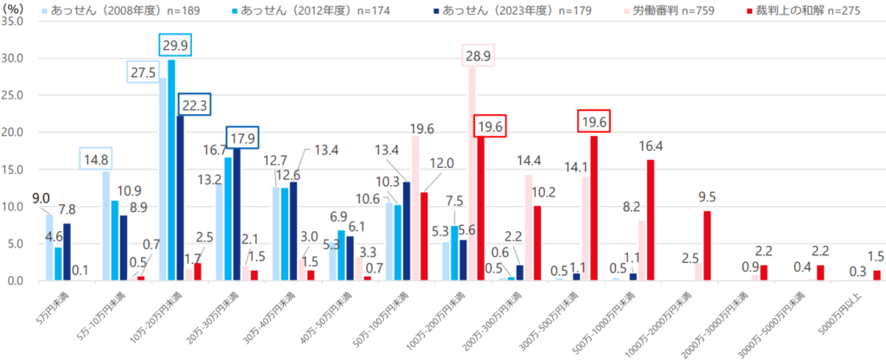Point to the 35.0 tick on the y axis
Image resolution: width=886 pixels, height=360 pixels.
click(x=16, y=22)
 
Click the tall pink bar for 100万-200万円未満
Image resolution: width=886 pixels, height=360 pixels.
click(x=472, y=173)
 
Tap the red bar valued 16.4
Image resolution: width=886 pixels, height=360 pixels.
click(x=650, y=220)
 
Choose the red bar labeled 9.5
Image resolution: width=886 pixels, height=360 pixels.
click(x=707, y=246)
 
